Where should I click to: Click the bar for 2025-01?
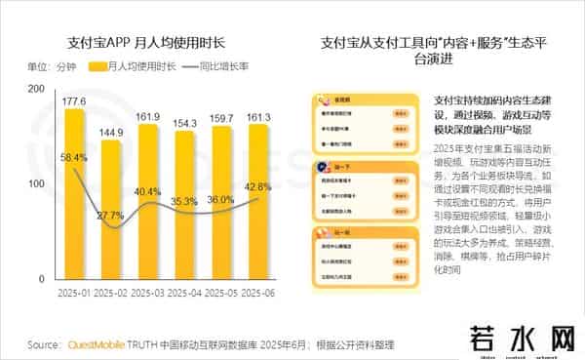73,195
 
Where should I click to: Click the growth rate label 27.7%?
110,215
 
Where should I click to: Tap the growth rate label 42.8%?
258,186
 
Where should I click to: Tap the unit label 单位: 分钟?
51,66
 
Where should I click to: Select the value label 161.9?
147,116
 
